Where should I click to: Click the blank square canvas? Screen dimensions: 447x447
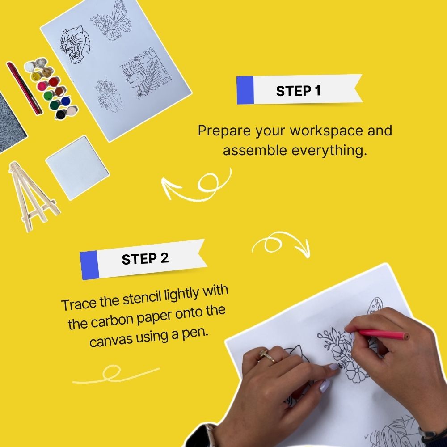(x=77, y=168)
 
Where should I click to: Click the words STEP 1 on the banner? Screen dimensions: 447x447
(x=298, y=91)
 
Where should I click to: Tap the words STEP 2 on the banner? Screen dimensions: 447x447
(x=145, y=259)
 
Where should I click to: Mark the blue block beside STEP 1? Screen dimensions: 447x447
(x=245, y=90)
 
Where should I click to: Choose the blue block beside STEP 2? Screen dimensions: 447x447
(x=89, y=265)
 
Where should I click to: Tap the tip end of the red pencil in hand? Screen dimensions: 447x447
(x=406, y=336)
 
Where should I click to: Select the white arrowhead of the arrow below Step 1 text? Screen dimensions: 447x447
(x=168, y=186)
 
